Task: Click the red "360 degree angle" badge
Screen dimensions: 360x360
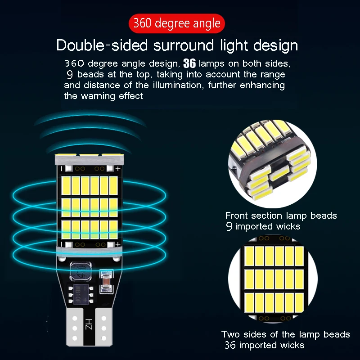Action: coord(176,23)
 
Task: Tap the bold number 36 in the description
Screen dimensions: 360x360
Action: coord(189,63)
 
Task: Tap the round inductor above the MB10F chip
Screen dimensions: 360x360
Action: coord(80,273)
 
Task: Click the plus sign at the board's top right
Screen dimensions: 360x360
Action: coord(117,168)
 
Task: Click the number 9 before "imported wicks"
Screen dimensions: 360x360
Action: coord(229,226)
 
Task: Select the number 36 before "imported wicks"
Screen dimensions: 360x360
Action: coord(230,345)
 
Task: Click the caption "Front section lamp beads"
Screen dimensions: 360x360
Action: coord(281,216)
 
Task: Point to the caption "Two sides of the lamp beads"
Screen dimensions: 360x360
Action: coord(285,334)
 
